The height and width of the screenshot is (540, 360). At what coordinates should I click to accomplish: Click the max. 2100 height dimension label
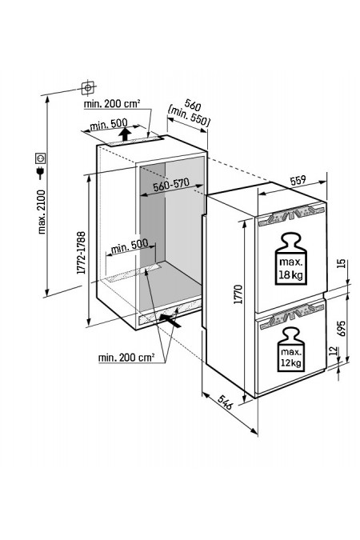(42, 212)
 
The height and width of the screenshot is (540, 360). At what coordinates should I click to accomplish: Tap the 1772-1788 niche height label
(82, 253)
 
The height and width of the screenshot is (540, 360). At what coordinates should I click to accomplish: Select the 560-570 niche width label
(171, 185)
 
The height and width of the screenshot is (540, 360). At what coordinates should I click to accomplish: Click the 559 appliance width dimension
(298, 180)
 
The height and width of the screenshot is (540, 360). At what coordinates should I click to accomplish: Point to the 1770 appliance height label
(238, 294)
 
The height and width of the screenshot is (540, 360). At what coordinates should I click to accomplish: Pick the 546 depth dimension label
(225, 402)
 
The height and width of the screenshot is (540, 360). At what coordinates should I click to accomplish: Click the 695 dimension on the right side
(341, 329)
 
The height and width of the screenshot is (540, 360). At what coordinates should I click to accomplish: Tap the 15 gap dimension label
(341, 263)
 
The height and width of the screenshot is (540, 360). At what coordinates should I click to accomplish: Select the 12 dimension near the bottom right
(333, 351)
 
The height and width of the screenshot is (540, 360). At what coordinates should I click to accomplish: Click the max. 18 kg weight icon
(290, 258)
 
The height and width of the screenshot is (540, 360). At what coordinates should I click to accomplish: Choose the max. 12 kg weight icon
(291, 350)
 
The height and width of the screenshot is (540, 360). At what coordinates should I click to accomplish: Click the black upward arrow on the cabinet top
(125, 134)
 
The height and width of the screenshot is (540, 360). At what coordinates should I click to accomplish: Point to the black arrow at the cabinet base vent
(170, 320)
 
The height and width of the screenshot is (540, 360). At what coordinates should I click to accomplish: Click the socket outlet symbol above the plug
(40, 158)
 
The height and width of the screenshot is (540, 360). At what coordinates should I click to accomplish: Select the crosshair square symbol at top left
(88, 88)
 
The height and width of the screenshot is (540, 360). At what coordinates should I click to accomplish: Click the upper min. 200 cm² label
(112, 103)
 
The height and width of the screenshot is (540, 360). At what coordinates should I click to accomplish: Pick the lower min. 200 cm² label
(126, 358)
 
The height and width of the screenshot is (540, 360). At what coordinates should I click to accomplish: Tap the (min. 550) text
(189, 116)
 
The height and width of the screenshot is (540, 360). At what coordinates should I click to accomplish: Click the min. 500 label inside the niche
(130, 246)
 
